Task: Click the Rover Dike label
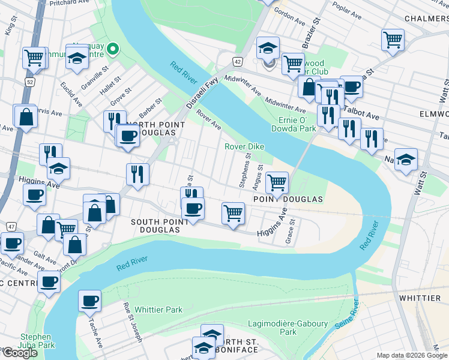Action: pos(244,147)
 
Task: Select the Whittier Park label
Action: pos(158,310)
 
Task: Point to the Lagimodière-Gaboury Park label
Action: pos(296,328)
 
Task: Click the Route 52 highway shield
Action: pos(29,80)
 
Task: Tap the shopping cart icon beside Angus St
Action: pos(277,182)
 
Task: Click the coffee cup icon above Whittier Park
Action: pos(90,301)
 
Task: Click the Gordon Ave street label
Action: pos(286,11)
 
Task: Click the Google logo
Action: pos(20,353)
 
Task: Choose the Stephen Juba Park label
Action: pos(37,341)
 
